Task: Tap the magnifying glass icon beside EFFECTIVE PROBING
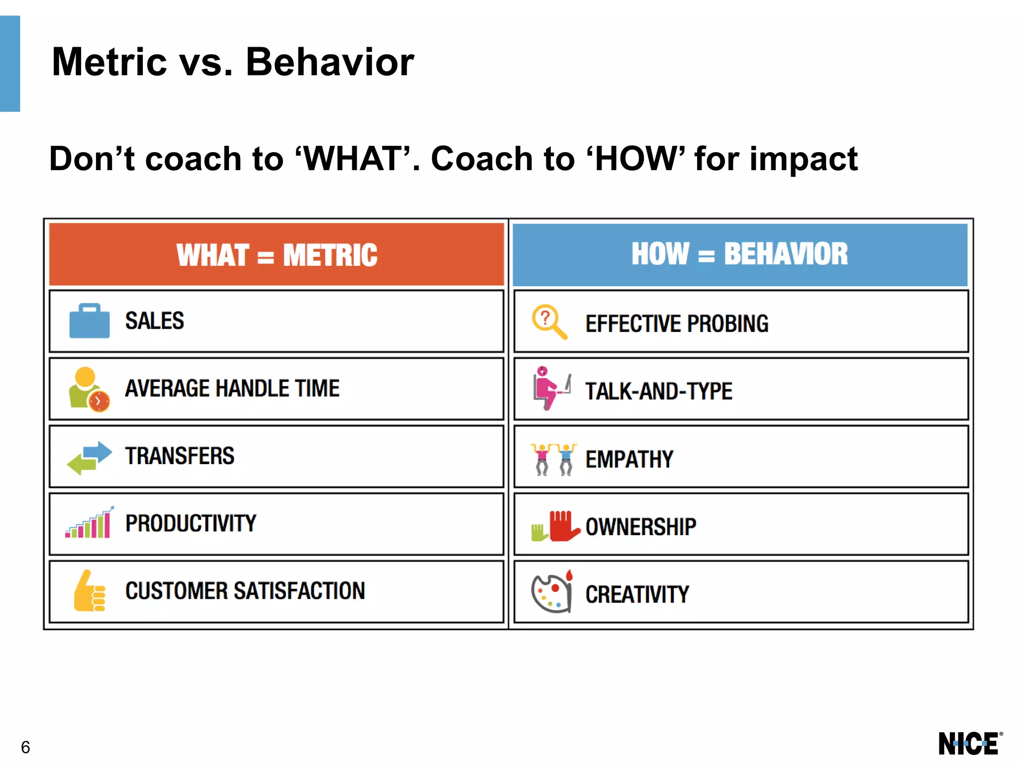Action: tap(549, 322)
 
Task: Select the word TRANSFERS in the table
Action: tap(180, 456)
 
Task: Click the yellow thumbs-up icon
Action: tap(89, 591)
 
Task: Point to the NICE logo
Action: tap(969, 744)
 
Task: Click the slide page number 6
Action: tap(25, 747)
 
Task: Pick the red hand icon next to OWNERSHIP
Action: tap(563, 526)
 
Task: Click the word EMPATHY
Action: tap(629, 459)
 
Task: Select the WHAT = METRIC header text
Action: tap(277, 255)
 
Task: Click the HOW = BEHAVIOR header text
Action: tap(739, 254)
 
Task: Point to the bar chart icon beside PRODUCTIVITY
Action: tap(89, 523)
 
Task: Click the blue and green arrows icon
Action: tap(90, 458)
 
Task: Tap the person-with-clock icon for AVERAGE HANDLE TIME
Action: tap(89, 389)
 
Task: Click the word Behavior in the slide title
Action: tap(329, 62)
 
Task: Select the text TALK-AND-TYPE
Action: tap(658, 391)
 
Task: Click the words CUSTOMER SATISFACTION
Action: tap(245, 591)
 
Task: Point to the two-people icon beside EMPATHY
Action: tap(553, 459)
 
